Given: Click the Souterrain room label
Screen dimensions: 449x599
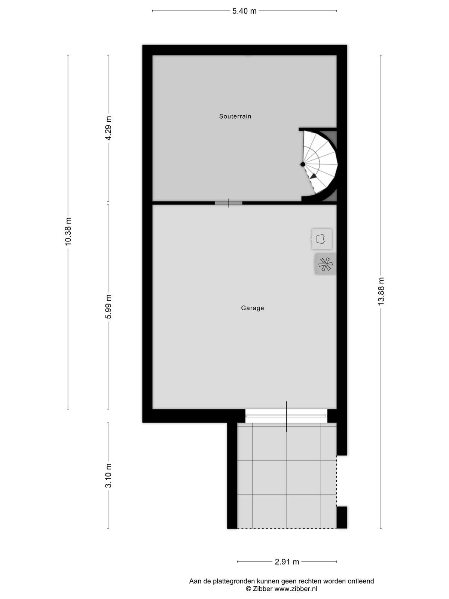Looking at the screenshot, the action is pyautogui.click(x=235, y=116).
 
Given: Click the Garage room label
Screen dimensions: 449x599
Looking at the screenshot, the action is pyautogui.click(x=253, y=308).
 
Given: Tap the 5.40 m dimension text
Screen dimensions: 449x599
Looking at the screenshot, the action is pyautogui.click(x=244, y=11).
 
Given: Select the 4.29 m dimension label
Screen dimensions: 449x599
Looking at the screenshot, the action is pyautogui.click(x=109, y=128).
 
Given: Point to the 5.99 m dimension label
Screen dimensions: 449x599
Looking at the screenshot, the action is pyautogui.click(x=109, y=307).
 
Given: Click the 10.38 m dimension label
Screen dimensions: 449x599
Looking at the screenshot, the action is pyautogui.click(x=68, y=231).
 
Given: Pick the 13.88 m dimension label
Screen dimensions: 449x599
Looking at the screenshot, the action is pyautogui.click(x=381, y=291).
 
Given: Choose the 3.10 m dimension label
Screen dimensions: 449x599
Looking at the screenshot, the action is pyautogui.click(x=109, y=475).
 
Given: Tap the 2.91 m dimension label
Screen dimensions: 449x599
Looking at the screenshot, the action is pyautogui.click(x=287, y=562).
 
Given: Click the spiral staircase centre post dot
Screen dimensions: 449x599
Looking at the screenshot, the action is pyautogui.click(x=303, y=164).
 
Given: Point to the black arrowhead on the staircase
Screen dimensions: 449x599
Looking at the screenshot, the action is pyautogui.click(x=314, y=176).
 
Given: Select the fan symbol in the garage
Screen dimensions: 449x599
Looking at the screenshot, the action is pyautogui.click(x=326, y=264).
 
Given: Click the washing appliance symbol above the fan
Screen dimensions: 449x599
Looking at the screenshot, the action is pyautogui.click(x=322, y=239).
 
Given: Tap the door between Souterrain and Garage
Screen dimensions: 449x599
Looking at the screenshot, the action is pyautogui.click(x=229, y=203).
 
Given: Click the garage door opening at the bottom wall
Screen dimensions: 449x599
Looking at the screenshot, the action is pyautogui.click(x=286, y=416).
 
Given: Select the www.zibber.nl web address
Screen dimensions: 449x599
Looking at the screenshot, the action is pyautogui.click(x=296, y=589).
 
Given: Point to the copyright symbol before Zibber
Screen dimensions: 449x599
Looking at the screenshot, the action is pyautogui.click(x=248, y=589).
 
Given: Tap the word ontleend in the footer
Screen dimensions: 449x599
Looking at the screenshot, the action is pyautogui.click(x=361, y=581).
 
